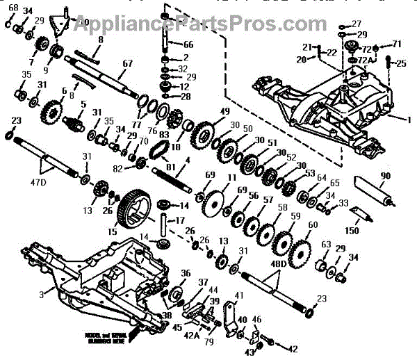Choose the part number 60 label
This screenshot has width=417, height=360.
point(313,226)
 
